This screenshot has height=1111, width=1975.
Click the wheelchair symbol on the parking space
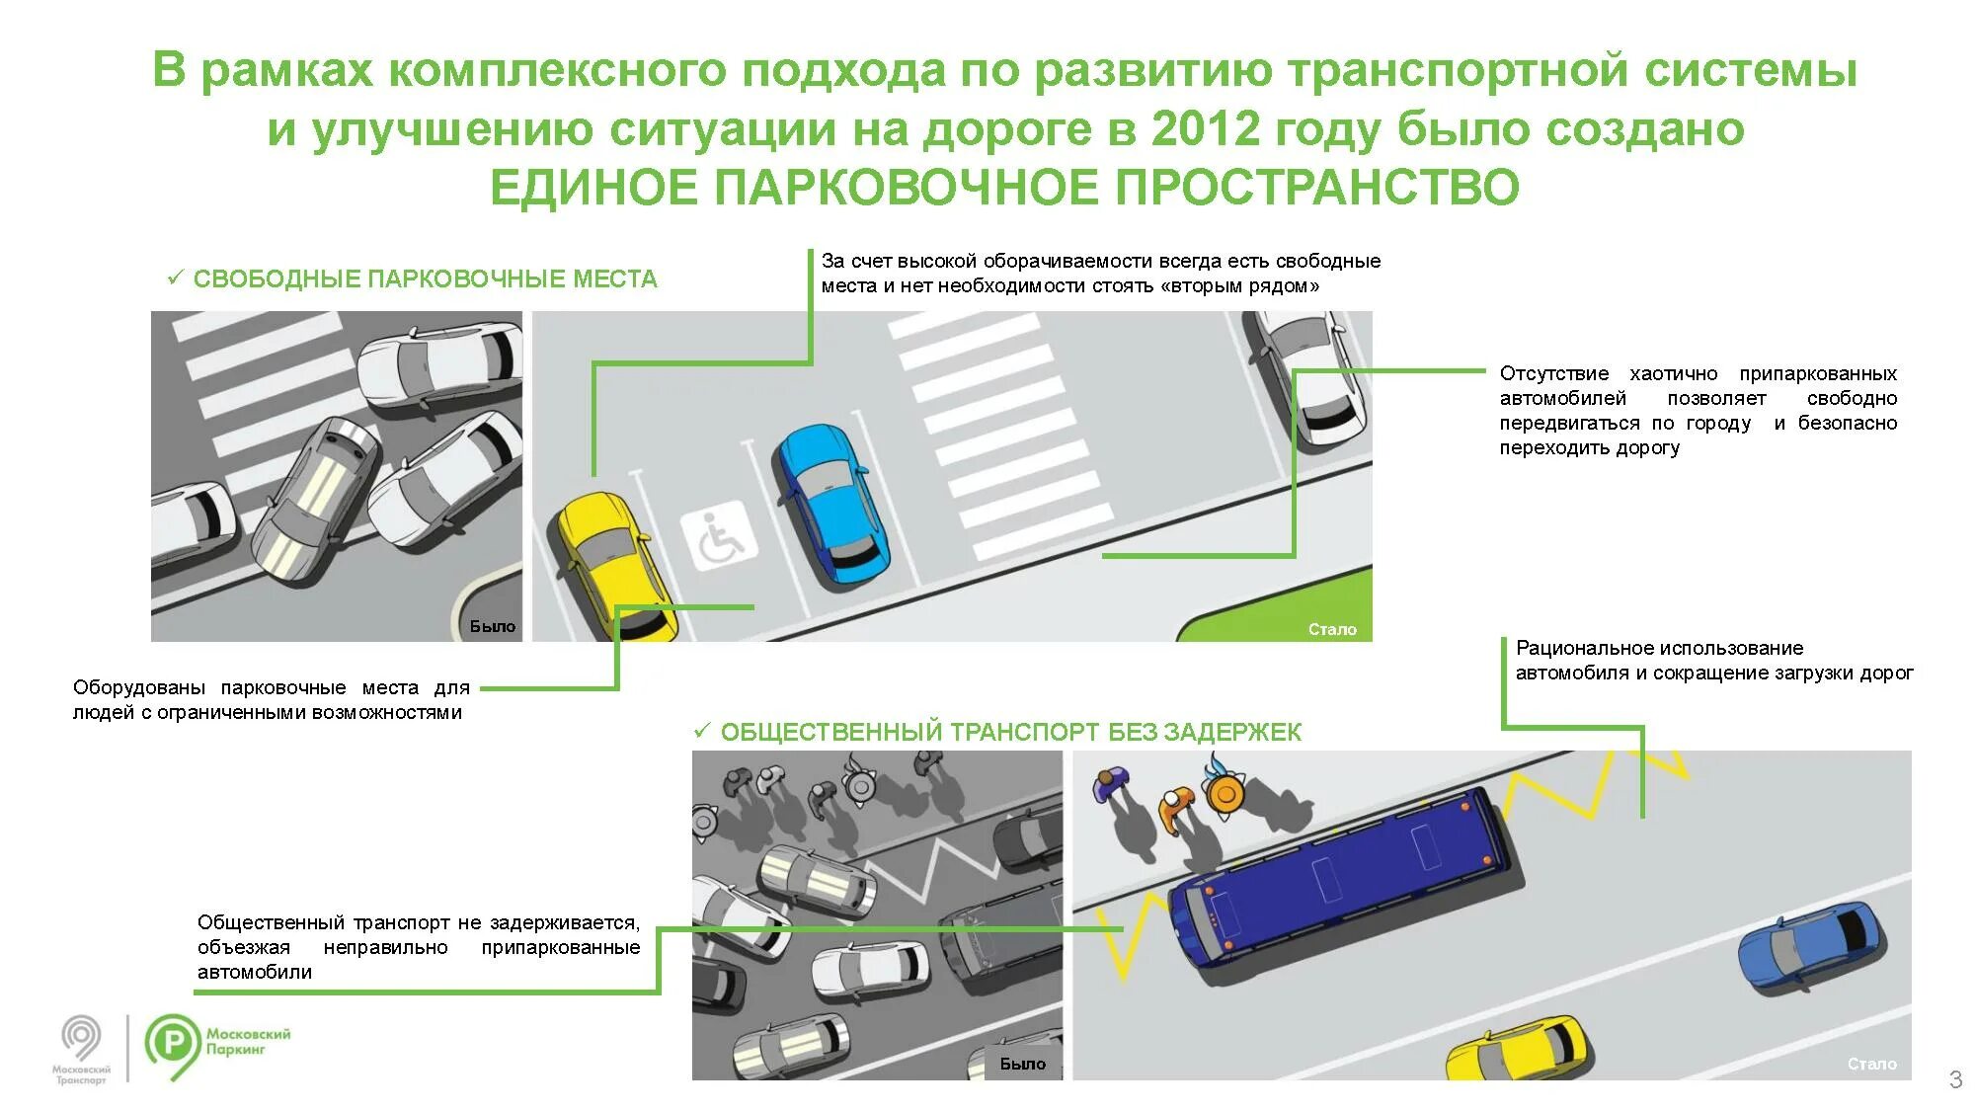pos(718,536)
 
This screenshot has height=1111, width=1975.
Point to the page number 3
pos(1954,1079)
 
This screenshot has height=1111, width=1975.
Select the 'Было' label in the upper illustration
pos(492,627)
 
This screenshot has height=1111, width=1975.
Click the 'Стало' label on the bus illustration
pos(1871,1064)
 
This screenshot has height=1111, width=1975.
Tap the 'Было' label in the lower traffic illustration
pos(1022,1064)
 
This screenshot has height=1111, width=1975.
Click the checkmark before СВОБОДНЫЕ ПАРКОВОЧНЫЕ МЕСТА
pos(176,278)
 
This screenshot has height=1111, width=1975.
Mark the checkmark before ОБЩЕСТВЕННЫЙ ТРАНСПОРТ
pos(702,731)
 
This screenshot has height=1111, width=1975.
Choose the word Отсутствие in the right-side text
pos(1553,374)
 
